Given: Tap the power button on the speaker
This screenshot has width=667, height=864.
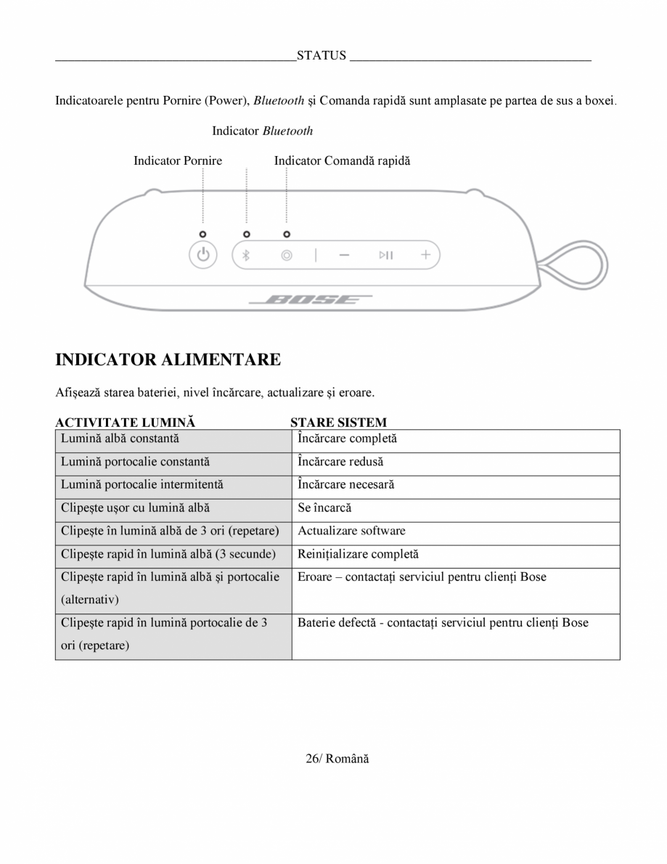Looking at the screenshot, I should coord(203,255).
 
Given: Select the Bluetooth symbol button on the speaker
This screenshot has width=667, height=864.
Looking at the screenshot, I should coord(246,255).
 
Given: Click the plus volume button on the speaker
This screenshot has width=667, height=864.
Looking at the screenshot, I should coord(425,255).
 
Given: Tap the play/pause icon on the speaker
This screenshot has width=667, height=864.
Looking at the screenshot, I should coord(385,255).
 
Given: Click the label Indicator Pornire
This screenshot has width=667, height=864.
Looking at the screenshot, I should coord(178,160).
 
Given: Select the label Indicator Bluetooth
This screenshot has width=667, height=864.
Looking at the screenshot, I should coord(262,131).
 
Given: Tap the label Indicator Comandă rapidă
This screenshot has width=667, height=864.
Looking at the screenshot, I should coord(342,160).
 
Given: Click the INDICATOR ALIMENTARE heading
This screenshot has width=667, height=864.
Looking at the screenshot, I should coord(168,359).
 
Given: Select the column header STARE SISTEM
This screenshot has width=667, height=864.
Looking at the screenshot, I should coord(338,422).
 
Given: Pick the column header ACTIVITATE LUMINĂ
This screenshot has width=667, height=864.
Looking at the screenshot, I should coord(126,422).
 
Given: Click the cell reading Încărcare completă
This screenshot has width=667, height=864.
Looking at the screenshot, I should coord(347,439).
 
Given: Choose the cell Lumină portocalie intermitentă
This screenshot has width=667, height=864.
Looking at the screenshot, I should coord(142,484).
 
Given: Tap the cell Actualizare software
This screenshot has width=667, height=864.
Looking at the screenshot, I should coord(351,531).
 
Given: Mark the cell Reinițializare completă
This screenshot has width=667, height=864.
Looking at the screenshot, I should coord(358,554).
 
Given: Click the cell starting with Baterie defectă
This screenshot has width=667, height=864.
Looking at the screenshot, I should coord(443,623).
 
